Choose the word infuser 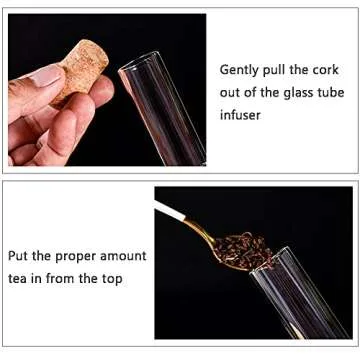[x=241, y=114]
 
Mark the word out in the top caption [x=231, y=92]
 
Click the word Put [x=20, y=257]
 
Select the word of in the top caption [x=255, y=92]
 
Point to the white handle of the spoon [x=170, y=211]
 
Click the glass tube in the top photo [x=165, y=100]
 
